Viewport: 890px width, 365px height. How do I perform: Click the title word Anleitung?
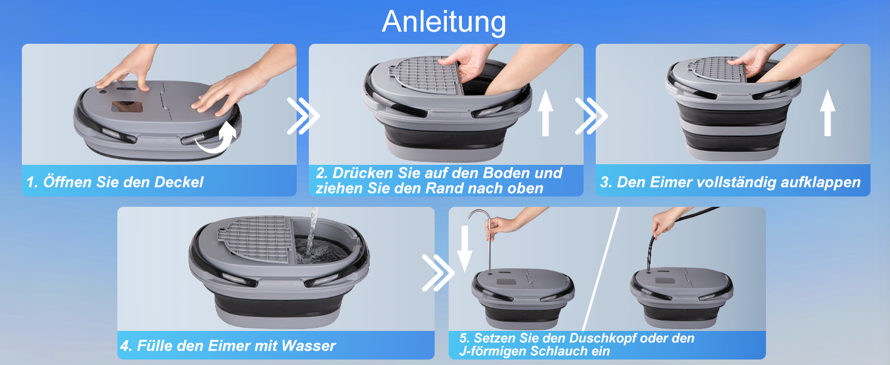pos(444,22)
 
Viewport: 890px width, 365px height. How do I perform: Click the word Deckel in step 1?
pos(178,182)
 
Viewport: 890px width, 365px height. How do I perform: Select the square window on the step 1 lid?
pos(127,106)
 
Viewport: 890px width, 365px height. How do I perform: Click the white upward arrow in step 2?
pos(545,113)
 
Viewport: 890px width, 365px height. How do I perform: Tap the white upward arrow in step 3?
pos(827,113)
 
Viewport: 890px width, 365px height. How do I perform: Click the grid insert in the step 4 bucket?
pos(257,238)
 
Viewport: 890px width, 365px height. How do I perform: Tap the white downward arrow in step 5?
pos(464,249)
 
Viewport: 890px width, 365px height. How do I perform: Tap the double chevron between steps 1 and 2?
pos(303,116)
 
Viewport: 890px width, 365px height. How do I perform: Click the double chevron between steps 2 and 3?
pos(592,116)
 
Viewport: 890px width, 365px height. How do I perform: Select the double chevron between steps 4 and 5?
pos(438,273)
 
